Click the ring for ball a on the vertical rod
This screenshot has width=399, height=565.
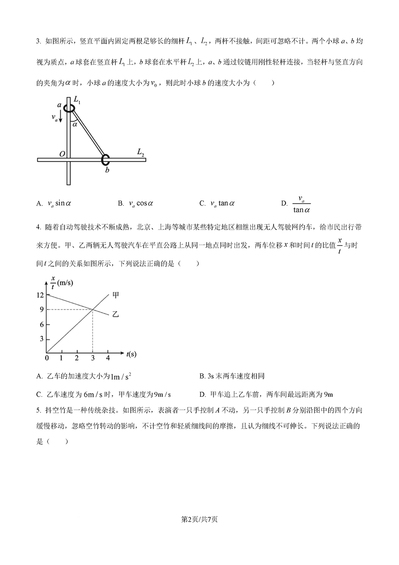[x=69, y=108]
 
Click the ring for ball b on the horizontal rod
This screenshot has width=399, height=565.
[x=106, y=159]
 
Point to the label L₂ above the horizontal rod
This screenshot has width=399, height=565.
[x=141, y=152]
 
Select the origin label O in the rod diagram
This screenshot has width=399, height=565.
[x=62, y=154]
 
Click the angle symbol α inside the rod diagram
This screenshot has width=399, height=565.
[x=75, y=125]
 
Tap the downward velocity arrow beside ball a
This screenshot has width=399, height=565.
[x=61, y=118]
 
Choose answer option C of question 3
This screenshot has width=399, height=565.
[x=217, y=203]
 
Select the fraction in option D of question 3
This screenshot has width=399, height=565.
[x=301, y=204]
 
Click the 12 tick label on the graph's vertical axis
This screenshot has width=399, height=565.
[x=40, y=295]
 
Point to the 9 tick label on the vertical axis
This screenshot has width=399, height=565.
[x=41, y=310]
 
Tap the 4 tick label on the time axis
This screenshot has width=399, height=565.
[x=108, y=358]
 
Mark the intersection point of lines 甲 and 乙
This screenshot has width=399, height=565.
[x=92, y=309]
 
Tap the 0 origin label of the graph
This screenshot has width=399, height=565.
[x=47, y=358]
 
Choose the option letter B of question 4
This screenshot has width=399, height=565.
[x=202, y=376]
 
